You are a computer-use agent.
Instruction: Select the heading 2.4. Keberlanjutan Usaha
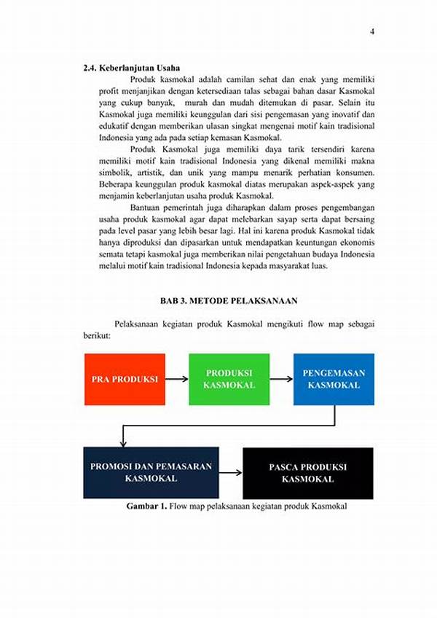click(131, 68)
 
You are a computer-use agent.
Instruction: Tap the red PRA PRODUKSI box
click(125, 379)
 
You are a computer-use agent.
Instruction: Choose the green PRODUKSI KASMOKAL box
click(229, 379)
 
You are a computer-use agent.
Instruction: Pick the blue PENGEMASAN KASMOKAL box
click(334, 379)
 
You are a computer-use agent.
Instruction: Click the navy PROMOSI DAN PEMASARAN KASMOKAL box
click(151, 472)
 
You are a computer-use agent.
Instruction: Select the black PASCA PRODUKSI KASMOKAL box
click(307, 472)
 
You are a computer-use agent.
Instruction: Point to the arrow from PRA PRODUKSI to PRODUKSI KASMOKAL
click(176, 379)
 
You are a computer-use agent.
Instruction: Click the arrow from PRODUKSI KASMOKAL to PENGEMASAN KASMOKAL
click(281, 379)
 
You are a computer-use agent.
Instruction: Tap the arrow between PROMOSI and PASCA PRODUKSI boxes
click(230, 472)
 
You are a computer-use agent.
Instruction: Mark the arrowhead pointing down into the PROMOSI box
click(123, 443)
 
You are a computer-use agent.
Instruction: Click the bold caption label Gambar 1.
click(146, 506)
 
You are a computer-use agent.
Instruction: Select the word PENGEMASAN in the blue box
click(334, 373)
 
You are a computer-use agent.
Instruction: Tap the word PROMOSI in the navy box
click(110, 466)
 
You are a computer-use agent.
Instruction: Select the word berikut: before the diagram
click(96, 336)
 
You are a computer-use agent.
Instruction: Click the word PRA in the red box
click(101, 380)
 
